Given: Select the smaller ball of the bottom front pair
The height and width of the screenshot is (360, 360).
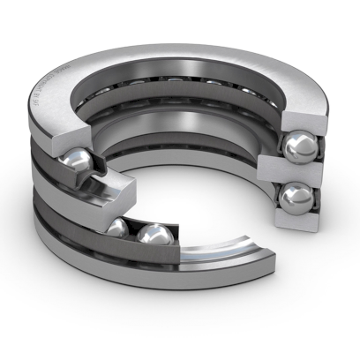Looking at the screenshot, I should [x=117, y=229].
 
